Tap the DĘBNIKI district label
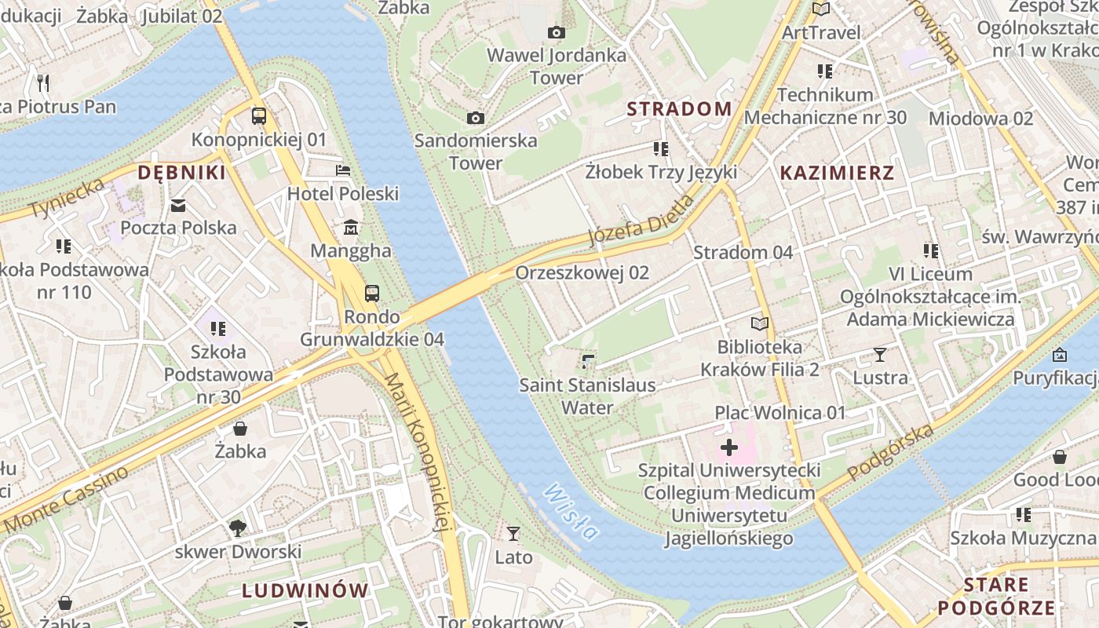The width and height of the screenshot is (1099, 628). pos(181,173)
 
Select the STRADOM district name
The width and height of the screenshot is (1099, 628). pos(679,109)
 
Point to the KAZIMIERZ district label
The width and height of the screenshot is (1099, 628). pos(837,173)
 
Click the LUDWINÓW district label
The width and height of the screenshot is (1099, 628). pos(305,591)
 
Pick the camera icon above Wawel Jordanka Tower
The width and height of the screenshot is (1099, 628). pos(557,32)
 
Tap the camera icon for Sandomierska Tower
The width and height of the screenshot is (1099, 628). pos(475,118)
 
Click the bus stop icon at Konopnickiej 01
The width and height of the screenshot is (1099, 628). pos(259,116)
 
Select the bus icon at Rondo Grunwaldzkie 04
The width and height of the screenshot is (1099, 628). pos(372,294)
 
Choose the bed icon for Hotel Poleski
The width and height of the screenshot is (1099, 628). pos(343,170)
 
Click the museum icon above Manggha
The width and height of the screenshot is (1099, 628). pos(350,228)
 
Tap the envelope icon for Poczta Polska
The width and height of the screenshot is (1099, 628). pos(178,206)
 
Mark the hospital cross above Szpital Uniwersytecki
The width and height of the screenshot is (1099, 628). pos(729,447)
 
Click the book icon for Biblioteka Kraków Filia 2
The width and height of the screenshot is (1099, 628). pos(759,323)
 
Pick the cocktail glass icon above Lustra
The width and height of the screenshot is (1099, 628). pos(880,355)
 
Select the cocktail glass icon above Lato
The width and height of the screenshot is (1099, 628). pos(513,534)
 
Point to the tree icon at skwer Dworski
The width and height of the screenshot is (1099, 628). pos(238,528)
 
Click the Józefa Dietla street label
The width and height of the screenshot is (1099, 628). pos(641,221)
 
